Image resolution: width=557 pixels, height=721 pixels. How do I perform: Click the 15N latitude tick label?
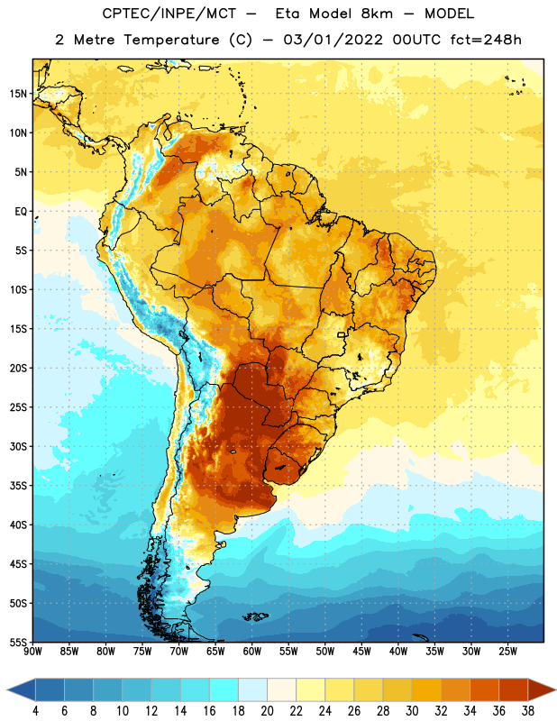[x=18, y=94]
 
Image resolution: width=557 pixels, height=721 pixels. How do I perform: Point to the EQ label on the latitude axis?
[x=21, y=212]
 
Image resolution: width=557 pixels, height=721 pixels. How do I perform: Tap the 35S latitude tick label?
[x=18, y=486]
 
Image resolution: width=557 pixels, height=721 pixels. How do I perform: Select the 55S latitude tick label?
[x=18, y=642]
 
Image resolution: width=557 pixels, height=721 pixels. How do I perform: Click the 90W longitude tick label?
[x=33, y=652]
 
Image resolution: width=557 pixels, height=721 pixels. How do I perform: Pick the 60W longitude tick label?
[x=252, y=652]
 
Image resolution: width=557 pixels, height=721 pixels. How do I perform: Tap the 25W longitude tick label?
[x=507, y=652]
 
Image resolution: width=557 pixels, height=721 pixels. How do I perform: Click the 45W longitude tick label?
[x=361, y=652]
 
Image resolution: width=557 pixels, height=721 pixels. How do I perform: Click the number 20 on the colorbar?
[x=267, y=711]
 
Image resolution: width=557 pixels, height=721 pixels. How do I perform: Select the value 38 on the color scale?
[x=528, y=711]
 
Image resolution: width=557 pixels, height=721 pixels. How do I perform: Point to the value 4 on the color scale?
[x=35, y=711]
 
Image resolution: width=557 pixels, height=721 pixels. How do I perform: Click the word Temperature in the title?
[x=171, y=40]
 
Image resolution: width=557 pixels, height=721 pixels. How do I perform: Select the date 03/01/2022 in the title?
[x=333, y=40]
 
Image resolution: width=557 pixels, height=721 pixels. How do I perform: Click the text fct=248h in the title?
[x=486, y=40]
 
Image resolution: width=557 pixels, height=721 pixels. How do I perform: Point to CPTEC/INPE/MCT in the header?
[x=169, y=14]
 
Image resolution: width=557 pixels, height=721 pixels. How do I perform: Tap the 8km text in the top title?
[x=377, y=14]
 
